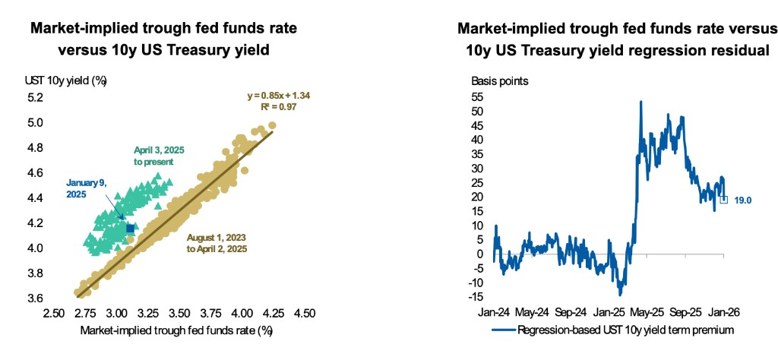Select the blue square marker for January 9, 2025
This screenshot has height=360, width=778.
coord(130,228)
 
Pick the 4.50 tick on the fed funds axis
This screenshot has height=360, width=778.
coord(304,313)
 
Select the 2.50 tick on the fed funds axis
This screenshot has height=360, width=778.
coord(53,313)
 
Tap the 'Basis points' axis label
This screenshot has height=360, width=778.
coord(500,81)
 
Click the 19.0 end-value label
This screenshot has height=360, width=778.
coord(743,201)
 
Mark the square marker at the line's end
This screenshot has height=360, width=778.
coord(724,200)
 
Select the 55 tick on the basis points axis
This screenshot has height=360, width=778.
coord(477,98)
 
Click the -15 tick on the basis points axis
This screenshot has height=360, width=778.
coord(476,296)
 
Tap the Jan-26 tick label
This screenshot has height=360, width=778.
coord(725,311)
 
